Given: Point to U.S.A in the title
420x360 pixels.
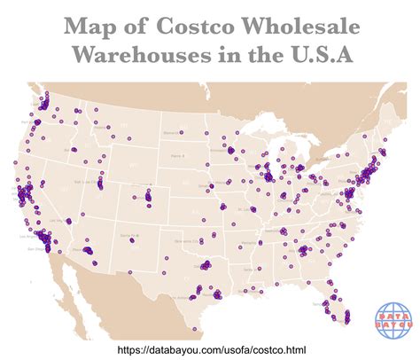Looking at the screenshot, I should click(316, 55).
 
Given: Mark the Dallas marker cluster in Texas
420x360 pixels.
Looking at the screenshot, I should click(206, 264).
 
